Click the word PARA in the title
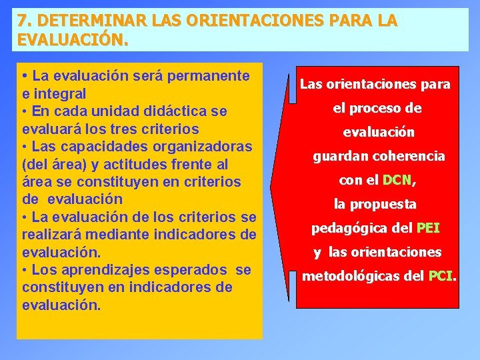(x=353, y=21)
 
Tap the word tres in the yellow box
(x=134, y=128)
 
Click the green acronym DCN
(x=398, y=180)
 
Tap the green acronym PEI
(x=427, y=228)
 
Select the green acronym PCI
(x=441, y=276)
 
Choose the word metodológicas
(x=351, y=276)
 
